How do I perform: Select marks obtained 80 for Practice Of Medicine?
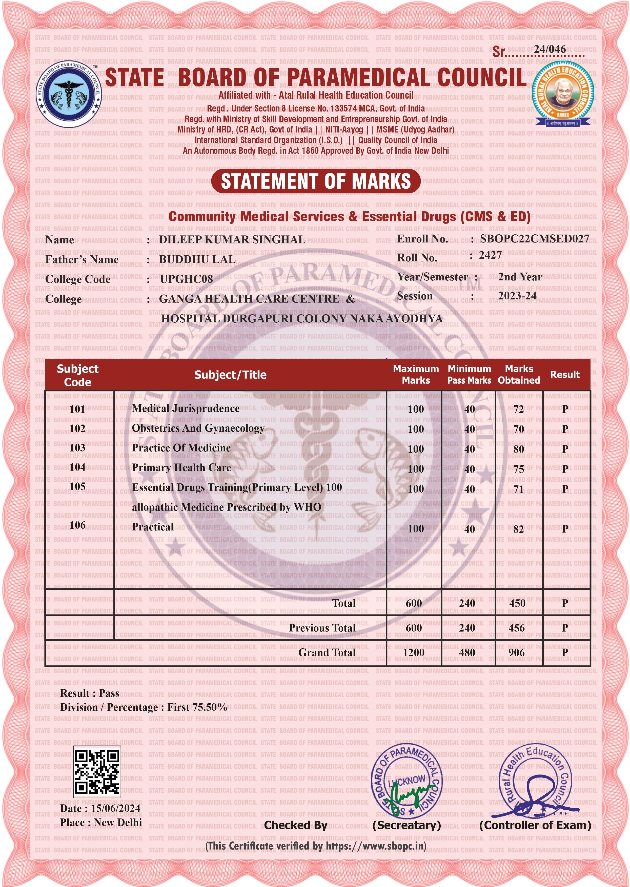518,449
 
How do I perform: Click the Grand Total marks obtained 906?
516,653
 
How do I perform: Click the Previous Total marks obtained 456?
516,628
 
